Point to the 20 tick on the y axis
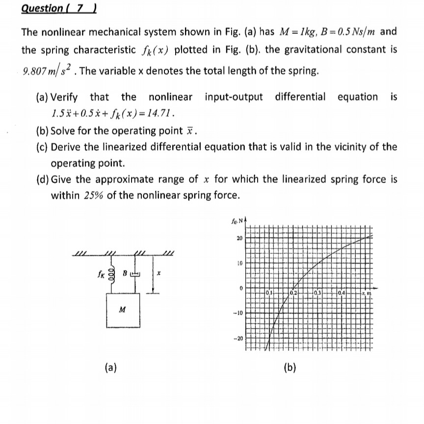tap(238, 238)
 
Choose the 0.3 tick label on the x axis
tap(318, 293)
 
